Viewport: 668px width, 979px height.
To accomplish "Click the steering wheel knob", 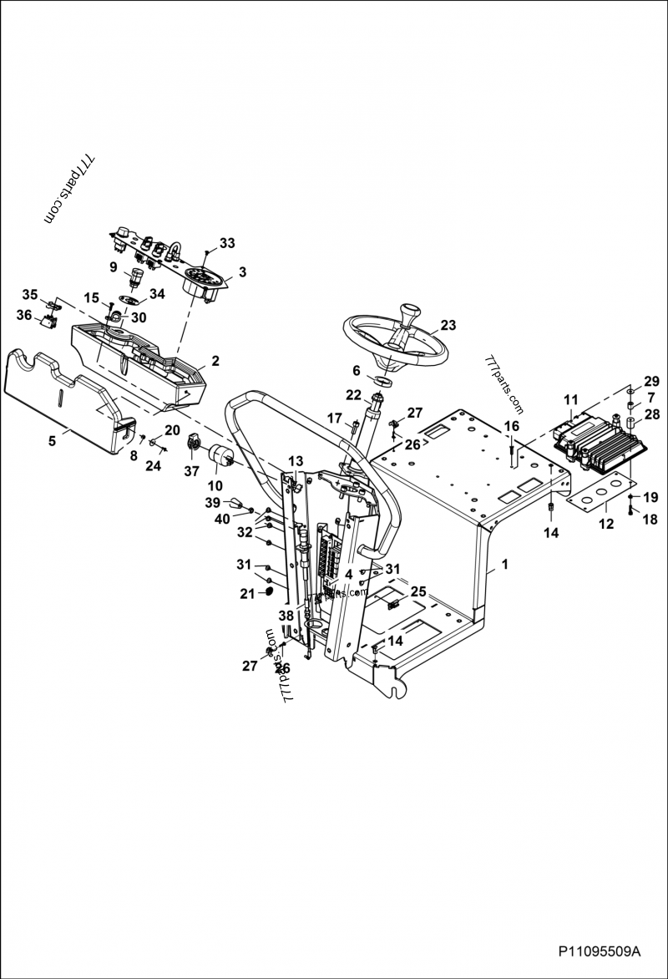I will tap(412, 315).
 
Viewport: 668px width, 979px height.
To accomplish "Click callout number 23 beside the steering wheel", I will tap(448, 325).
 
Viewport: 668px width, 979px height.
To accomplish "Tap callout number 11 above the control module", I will tap(570, 400).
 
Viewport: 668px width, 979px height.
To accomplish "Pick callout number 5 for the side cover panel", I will tap(53, 441).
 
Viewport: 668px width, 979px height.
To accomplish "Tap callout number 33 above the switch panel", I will tap(227, 243).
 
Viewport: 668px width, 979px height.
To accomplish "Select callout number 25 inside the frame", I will tap(417, 591).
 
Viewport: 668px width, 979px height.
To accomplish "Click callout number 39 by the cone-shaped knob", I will tap(213, 502).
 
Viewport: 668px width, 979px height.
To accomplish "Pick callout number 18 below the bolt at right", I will tap(650, 519).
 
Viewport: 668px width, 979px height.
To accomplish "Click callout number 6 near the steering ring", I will tap(356, 370).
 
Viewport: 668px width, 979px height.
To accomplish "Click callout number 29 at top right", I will tap(650, 381).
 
